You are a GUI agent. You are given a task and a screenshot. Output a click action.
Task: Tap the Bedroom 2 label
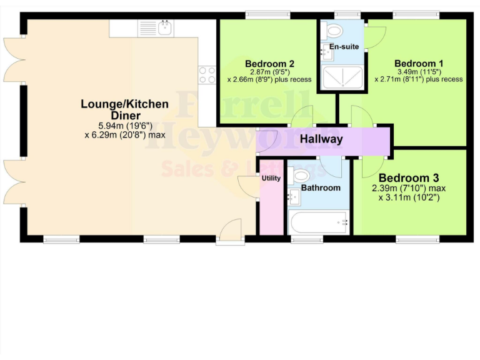269,64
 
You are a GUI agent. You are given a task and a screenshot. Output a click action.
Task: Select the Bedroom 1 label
418,64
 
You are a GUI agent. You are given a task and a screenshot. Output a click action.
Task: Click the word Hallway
321,139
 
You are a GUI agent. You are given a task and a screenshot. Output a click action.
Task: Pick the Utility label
271,178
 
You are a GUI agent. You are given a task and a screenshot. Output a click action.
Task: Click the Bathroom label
321,187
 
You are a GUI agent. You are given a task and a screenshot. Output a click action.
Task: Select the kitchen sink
165,27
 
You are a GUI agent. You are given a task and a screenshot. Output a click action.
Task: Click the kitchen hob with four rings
206,75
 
